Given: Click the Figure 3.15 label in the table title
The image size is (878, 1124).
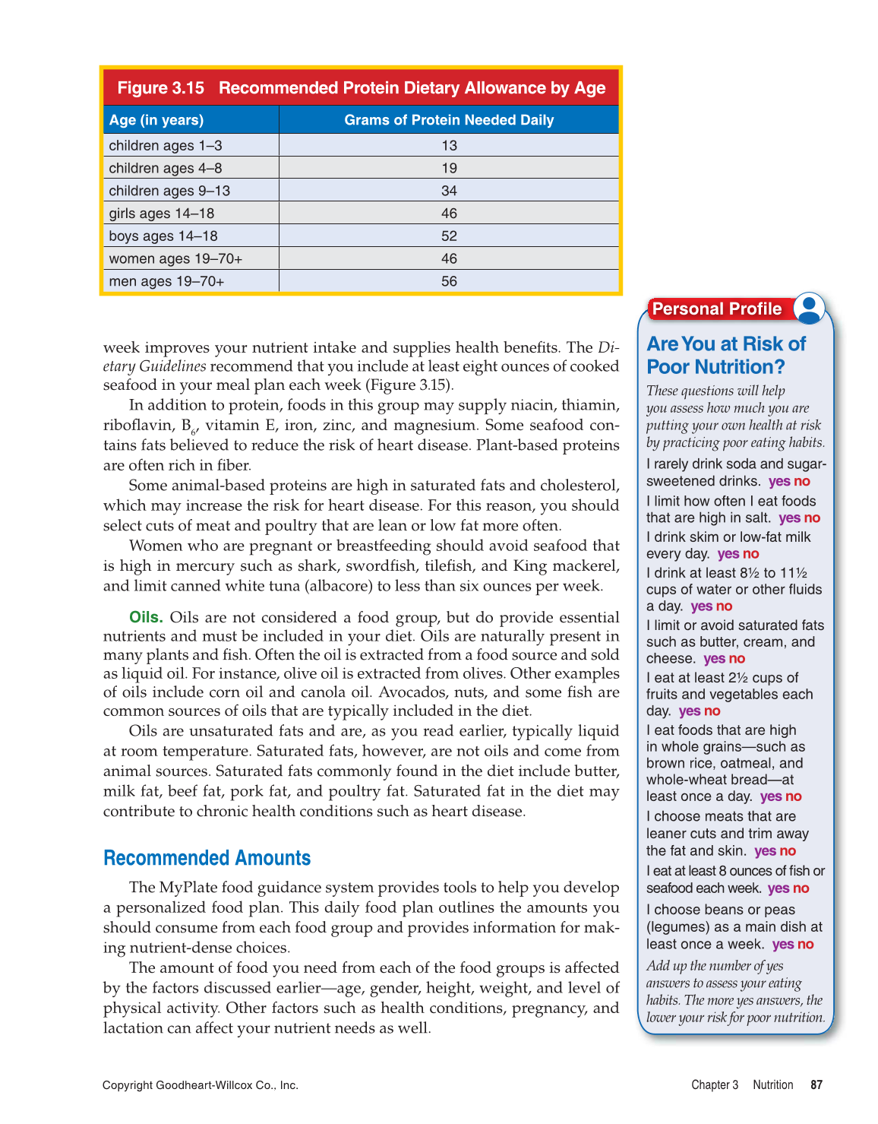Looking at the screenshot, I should (x=160, y=88).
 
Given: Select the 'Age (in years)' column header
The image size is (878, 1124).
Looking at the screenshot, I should (x=156, y=120).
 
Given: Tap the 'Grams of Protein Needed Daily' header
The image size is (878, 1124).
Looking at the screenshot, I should (x=449, y=120).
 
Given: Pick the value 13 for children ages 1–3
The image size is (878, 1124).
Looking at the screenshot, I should (x=449, y=145).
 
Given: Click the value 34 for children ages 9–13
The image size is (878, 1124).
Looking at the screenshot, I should (x=449, y=191).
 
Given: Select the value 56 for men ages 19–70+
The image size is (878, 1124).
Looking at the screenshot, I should (x=449, y=281).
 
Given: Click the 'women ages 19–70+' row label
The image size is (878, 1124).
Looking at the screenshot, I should (x=175, y=259).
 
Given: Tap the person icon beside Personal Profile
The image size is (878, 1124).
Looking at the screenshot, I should (x=809, y=308).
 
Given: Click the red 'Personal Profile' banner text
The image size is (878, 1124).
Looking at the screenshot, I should (x=717, y=309).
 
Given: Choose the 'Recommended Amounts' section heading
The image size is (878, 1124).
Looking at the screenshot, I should (x=207, y=858).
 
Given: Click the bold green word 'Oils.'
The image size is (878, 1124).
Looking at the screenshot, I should (x=146, y=617).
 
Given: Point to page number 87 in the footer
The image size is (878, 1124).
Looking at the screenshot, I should (x=816, y=1085).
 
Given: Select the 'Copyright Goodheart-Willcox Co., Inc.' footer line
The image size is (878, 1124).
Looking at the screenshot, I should (x=201, y=1085).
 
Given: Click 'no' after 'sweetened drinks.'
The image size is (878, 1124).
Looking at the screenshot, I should (x=802, y=482).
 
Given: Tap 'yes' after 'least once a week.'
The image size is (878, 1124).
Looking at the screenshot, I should (x=783, y=945).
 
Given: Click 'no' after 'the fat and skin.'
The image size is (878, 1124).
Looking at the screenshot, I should (x=788, y=851).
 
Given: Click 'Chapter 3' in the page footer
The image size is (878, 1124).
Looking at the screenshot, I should (x=715, y=1085).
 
